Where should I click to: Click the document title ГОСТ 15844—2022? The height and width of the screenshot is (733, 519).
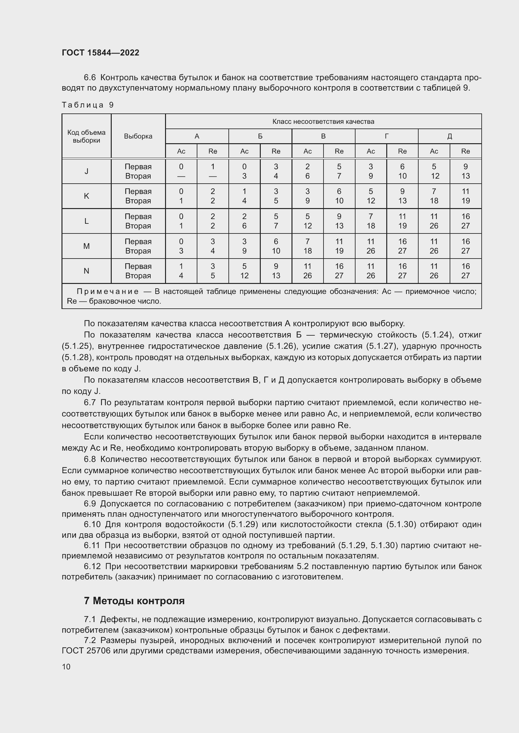click(x=100, y=53)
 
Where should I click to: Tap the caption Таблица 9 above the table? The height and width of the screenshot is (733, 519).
click(x=88, y=105)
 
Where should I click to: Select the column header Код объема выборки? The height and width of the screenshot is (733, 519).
click(x=86, y=136)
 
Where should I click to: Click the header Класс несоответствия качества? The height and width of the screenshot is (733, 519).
click(x=323, y=122)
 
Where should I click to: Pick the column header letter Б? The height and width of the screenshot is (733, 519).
click(x=260, y=136)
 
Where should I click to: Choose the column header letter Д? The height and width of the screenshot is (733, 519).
click(x=449, y=136)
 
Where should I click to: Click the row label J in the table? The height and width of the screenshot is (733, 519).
click(x=86, y=171)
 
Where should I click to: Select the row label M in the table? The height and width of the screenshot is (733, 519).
click(x=86, y=246)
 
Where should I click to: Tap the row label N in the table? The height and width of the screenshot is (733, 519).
click(x=86, y=271)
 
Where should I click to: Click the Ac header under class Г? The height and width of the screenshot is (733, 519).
click(x=370, y=151)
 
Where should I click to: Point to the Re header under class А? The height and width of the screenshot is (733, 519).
click(x=212, y=151)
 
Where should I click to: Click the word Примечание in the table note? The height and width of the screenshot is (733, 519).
click(x=108, y=291)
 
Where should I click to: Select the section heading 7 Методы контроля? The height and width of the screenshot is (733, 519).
click(x=134, y=601)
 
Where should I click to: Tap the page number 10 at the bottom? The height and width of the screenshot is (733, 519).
click(x=66, y=667)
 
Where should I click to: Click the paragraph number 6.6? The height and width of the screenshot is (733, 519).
click(x=90, y=78)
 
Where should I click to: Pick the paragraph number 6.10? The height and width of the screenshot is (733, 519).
click(x=92, y=525)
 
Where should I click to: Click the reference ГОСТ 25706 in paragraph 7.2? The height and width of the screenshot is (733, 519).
click(x=86, y=651)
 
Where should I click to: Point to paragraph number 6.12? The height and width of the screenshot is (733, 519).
click(x=92, y=566)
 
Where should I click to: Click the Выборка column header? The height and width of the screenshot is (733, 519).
click(x=138, y=136)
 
